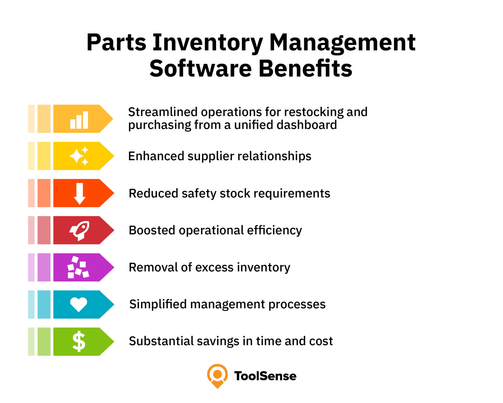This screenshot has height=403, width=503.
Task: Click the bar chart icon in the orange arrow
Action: tap(79, 120)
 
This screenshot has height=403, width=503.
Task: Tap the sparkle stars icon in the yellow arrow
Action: tap(79, 156)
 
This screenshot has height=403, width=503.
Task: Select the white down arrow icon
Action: tap(80, 193)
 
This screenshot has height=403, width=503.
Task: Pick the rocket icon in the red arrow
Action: tap(79, 231)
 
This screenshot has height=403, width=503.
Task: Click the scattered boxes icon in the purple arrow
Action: tap(78, 267)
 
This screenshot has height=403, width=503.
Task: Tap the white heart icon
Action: tap(79, 305)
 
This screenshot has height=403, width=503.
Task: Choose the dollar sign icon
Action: tap(79, 341)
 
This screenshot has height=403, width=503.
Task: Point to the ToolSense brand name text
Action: tap(265, 376)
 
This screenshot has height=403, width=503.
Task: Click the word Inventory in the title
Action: tap(208, 43)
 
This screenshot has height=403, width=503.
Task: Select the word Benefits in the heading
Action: tap(305, 68)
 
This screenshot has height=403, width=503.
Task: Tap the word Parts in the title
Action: tap(116, 42)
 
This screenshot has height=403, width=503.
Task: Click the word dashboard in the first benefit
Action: tap(307, 125)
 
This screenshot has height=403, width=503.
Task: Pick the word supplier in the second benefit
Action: tap(211, 156)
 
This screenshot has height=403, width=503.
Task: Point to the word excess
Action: tap(214, 268)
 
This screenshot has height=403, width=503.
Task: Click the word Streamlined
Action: tap(163, 112)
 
